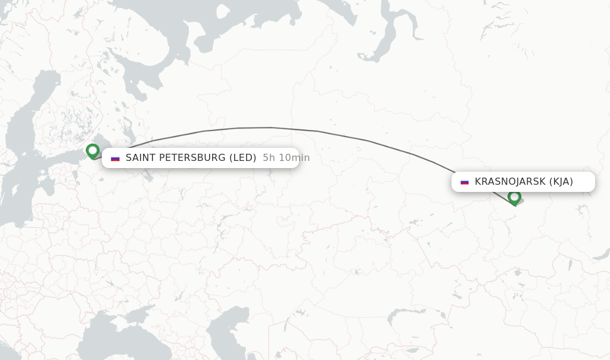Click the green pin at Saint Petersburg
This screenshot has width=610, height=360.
(92, 151)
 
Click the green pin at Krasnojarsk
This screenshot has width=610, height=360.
(515, 197)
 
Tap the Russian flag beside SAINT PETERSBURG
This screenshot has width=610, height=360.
(116, 158)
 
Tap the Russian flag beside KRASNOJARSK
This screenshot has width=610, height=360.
(465, 182)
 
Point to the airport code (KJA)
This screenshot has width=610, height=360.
(561, 182)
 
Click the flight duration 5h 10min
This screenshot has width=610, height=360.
(286, 158)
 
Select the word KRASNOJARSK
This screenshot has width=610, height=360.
(509, 182)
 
